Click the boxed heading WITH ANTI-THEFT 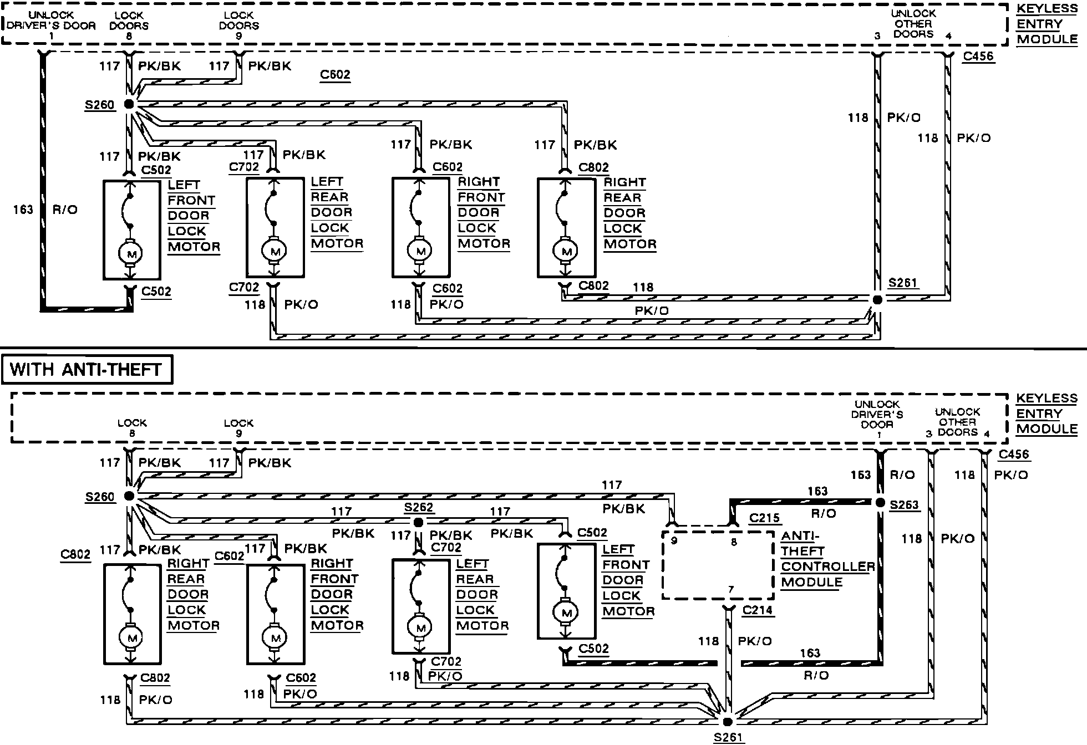pos(87,370)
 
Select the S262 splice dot pos(419,523)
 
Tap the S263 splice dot pos(880,503)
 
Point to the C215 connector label pos(764,518)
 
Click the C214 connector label pos(758,610)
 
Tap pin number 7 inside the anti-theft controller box pos(730,590)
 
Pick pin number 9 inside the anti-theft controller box pos(674,541)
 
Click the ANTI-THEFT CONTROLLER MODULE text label pos(827,559)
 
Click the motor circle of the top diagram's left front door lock pos(131,254)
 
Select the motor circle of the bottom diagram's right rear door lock pos(131,639)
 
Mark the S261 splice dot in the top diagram pos(877,300)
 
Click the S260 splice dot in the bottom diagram pos(129,496)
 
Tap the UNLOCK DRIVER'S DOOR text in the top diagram pos(51,21)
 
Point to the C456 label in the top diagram pos(978,57)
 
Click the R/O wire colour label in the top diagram pos(65,210)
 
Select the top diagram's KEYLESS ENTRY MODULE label pos(1047,24)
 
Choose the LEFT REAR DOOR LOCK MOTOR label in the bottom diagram pos(481,595)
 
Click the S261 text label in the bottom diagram pos(728,737)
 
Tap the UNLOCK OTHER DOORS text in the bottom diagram pos(957,422)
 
